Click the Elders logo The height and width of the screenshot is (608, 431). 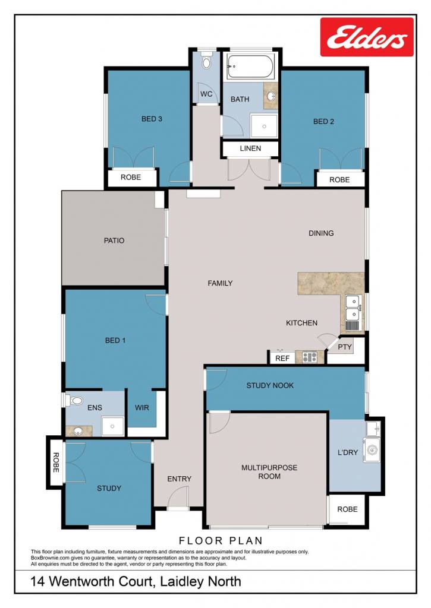(x=367, y=37)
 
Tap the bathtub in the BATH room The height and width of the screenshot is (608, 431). (x=250, y=66)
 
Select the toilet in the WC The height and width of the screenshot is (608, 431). (x=206, y=61)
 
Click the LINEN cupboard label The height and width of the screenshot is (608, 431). (x=250, y=148)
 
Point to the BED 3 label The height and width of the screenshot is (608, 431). (x=152, y=119)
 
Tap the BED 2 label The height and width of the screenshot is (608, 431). (x=323, y=121)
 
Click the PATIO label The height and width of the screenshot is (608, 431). (x=114, y=241)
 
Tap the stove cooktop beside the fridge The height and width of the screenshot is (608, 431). (x=310, y=357)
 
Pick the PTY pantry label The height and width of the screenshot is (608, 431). (x=345, y=347)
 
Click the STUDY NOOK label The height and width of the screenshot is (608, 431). (x=270, y=385)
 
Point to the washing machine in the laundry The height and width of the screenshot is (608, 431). (x=372, y=450)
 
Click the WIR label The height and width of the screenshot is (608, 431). (x=142, y=408)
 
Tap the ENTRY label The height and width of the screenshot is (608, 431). (x=180, y=479)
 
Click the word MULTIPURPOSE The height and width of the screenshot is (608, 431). (x=269, y=468)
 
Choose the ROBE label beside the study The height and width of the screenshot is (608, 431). (x=56, y=462)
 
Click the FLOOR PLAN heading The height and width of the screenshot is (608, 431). (x=221, y=540)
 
